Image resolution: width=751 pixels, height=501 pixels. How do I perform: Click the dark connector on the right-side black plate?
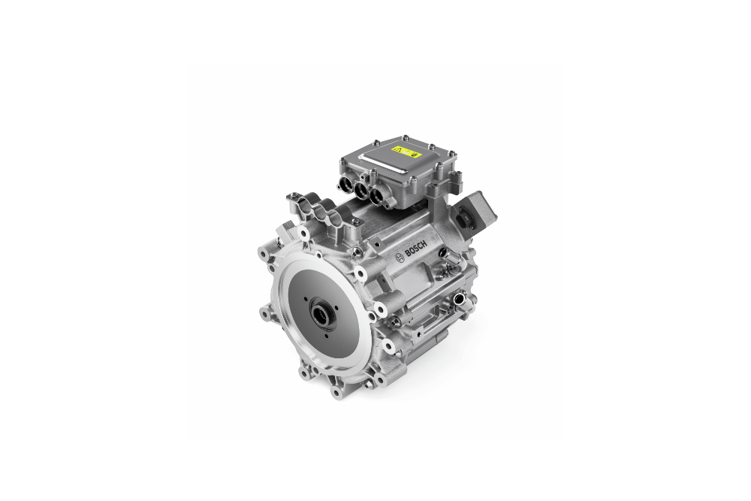pyautogui.click(x=472, y=218)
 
